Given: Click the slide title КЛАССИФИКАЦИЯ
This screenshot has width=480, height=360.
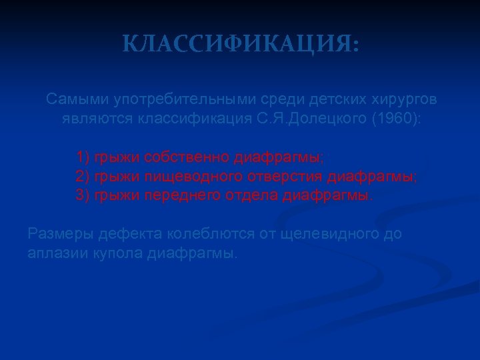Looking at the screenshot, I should click(x=241, y=45).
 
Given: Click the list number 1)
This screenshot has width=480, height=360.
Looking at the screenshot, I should click(x=83, y=157).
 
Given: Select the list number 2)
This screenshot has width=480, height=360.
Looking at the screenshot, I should click(x=83, y=177).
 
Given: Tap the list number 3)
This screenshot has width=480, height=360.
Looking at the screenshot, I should click(x=83, y=196).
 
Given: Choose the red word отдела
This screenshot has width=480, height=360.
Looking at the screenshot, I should click(x=255, y=196).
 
